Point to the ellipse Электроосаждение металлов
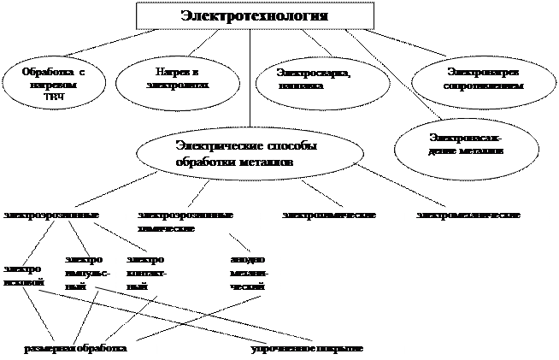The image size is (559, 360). coord(466,144)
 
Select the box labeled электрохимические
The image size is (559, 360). coord(342,215)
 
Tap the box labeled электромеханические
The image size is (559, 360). coord(482,215)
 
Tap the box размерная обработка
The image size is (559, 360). coord(90,349)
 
